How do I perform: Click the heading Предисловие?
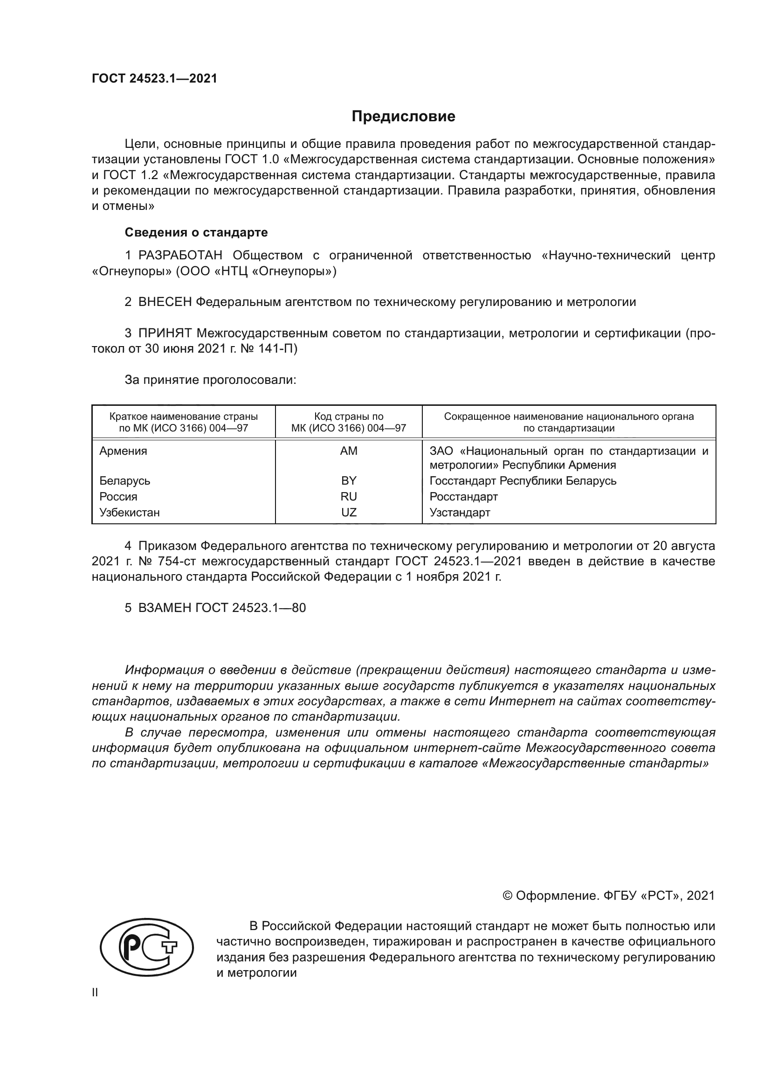(x=403, y=117)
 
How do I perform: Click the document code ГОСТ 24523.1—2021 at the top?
(x=154, y=79)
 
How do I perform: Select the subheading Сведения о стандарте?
(x=196, y=232)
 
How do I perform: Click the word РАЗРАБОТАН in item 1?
(x=180, y=256)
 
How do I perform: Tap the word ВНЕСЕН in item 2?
(x=165, y=302)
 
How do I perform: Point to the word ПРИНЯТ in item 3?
(x=165, y=333)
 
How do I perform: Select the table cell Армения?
(x=123, y=451)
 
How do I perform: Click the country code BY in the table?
(x=349, y=480)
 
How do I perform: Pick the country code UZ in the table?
(x=349, y=512)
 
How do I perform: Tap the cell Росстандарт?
(x=463, y=497)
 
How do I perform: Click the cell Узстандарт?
(x=460, y=512)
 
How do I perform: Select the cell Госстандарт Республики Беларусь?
(x=523, y=480)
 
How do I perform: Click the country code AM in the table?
(x=349, y=451)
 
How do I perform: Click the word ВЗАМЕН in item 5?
(x=165, y=608)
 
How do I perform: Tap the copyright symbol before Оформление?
(x=507, y=896)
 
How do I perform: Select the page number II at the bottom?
(x=95, y=992)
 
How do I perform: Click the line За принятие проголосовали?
(x=210, y=380)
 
